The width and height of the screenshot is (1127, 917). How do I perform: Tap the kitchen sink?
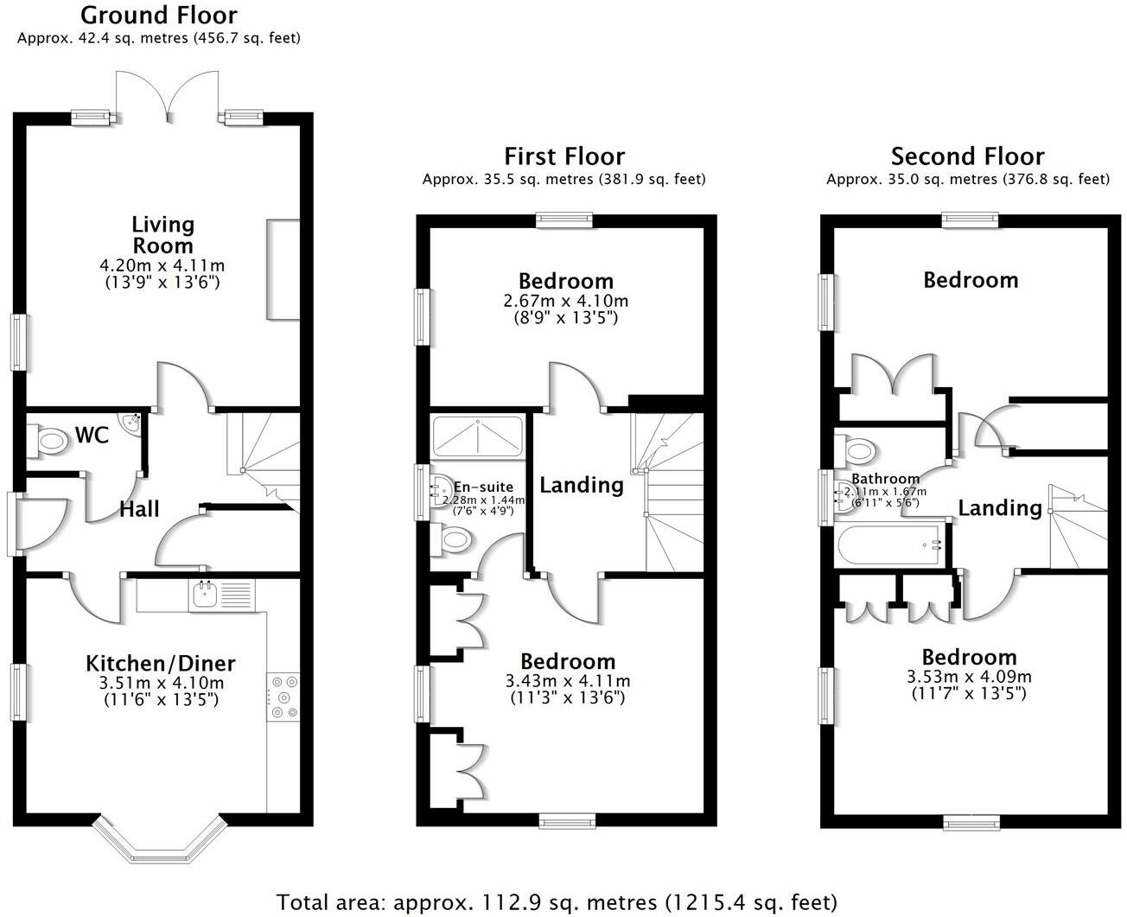click(x=206, y=595)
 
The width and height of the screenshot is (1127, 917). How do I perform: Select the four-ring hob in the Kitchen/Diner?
click(x=283, y=697)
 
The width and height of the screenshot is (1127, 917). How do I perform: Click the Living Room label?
click(x=162, y=234)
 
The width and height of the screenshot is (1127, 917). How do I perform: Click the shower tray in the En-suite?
click(x=477, y=436)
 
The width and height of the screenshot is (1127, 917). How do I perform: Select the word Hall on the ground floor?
click(x=139, y=509)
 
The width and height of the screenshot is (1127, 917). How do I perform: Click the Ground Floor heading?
click(x=158, y=15)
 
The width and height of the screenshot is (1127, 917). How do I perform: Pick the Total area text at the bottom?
click(x=557, y=902)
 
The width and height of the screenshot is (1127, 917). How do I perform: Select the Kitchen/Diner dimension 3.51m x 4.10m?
click(x=161, y=683)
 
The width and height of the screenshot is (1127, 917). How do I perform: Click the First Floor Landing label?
click(x=582, y=485)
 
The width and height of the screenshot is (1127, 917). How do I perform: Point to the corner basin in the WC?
click(x=132, y=423)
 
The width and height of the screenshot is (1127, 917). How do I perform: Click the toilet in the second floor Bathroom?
click(x=857, y=449)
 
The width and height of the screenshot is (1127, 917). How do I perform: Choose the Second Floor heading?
click(x=967, y=156)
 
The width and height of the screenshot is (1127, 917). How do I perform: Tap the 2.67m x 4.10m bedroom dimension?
click(x=567, y=302)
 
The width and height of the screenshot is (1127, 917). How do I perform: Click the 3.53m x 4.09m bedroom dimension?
click(x=969, y=677)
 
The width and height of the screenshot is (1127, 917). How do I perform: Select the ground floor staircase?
click(x=264, y=458)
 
